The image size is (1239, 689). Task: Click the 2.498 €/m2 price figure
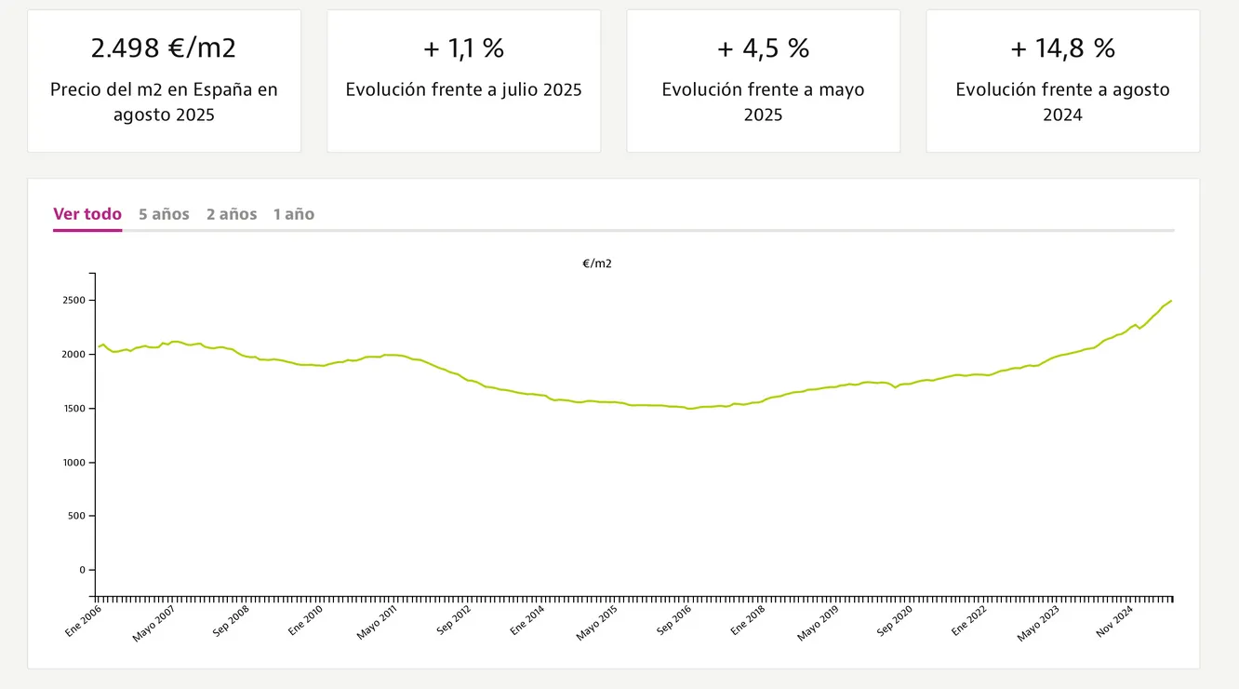click(x=164, y=48)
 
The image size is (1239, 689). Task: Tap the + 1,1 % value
click(x=463, y=48)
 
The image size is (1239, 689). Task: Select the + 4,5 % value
click(x=763, y=48)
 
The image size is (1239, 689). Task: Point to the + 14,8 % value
click(x=1062, y=48)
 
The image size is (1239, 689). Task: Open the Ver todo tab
click(x=87, y=214)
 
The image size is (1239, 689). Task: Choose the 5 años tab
click(x=164, y=214)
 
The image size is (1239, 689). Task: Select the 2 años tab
click(x=232, y=214)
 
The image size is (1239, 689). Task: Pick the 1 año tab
click(x=294, y=214)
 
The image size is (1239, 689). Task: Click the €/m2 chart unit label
click(x=597, y=263)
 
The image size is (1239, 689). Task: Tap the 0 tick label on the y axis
click(x=81, y=570)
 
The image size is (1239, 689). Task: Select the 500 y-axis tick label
click(x=78, y=516)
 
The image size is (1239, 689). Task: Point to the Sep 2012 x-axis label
click(x=453, y=620)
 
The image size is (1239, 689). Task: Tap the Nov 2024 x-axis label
click(x=1114, y=620)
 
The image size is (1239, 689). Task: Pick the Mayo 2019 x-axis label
click(x=819, y=621)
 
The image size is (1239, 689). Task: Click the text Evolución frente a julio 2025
click(x=463, y=90)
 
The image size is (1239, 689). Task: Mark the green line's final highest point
click(x=1171, y=301)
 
